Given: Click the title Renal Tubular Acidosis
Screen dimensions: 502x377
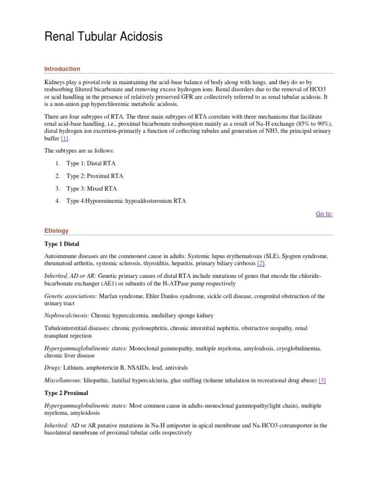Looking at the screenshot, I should (x=103, y=37).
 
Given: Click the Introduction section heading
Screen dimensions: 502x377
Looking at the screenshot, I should (x=62, y=69).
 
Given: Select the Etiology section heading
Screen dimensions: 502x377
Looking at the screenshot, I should (x=56, y=230).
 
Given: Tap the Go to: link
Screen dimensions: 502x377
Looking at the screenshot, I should (x=324, y=214).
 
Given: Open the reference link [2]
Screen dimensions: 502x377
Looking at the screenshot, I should (x=261, y=263).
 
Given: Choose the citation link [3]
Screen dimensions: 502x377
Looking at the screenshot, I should (x=322, y=380).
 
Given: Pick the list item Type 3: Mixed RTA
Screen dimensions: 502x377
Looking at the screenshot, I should (x=92, y=189).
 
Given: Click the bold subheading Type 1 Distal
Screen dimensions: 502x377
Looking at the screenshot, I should (x=62, y=244).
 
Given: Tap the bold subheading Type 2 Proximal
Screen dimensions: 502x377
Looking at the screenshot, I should (x=66, y=394).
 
